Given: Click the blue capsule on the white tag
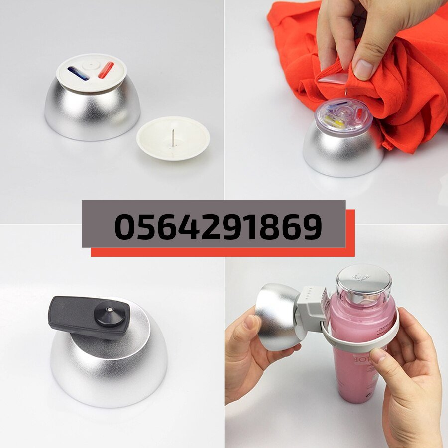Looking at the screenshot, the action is [78, 73].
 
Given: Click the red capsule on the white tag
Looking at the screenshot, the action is [106, 70].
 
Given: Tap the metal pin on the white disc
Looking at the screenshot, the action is [173, 138].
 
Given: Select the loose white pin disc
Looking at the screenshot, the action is [173, 138].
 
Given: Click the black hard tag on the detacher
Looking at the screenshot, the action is [90, 318].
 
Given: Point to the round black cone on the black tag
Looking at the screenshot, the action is [110, 314].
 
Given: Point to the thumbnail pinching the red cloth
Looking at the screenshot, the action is [363, 69].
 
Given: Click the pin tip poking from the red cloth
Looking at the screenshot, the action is [346, 92].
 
